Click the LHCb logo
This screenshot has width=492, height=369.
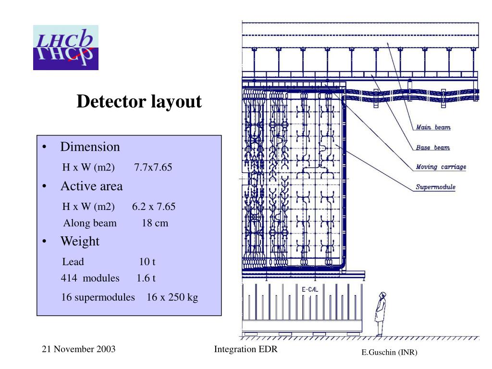66,47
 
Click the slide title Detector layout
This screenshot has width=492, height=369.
139,102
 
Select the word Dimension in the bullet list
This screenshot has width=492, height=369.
90,147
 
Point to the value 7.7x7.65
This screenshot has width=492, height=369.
153,168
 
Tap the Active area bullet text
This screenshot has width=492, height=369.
91,186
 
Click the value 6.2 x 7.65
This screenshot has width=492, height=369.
154,207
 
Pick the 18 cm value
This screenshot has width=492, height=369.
155,223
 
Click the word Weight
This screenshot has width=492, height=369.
80,241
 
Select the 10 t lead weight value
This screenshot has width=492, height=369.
147,262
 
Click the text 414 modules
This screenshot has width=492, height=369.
90,278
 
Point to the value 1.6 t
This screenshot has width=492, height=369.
146,278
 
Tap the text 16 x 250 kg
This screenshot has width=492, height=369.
172,297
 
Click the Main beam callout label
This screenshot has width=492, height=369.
433,127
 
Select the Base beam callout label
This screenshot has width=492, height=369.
433,148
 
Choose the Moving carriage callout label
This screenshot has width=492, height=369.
441,167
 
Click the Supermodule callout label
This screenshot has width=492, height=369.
435,187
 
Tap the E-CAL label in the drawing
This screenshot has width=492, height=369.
310,290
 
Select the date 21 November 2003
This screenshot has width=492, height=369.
79,349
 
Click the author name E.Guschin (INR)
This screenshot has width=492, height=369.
390,353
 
